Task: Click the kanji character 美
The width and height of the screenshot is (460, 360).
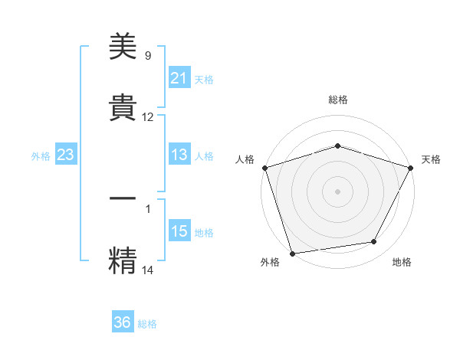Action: point(123,47)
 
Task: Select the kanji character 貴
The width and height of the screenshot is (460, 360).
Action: point(123,107)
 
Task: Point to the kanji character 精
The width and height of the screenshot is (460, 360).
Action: point(123,258)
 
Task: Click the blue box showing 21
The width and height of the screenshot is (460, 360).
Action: point(179,78)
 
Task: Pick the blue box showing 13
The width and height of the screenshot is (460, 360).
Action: point(179,155)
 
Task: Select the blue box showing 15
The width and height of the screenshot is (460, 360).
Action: point(179,231)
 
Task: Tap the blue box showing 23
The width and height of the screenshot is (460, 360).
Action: point(65,155)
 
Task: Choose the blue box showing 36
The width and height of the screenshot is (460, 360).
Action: point(123,322)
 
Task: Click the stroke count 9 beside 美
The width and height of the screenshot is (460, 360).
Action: point(148,56)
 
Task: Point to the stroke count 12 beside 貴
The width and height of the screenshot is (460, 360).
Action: point(148,117)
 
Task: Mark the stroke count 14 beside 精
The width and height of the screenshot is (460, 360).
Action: point(148,270)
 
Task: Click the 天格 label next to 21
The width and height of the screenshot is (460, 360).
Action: point(204,79)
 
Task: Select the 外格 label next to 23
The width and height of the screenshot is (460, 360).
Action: point(41,155)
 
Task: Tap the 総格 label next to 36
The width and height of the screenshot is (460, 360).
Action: point(147,323)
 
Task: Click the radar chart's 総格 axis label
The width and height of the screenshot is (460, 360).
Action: point(337,100)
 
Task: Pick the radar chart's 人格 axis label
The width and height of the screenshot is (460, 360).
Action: point(245,159)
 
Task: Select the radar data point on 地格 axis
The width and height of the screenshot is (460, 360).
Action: point(374,242)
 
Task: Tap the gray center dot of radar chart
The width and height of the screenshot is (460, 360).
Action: point(337,191)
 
